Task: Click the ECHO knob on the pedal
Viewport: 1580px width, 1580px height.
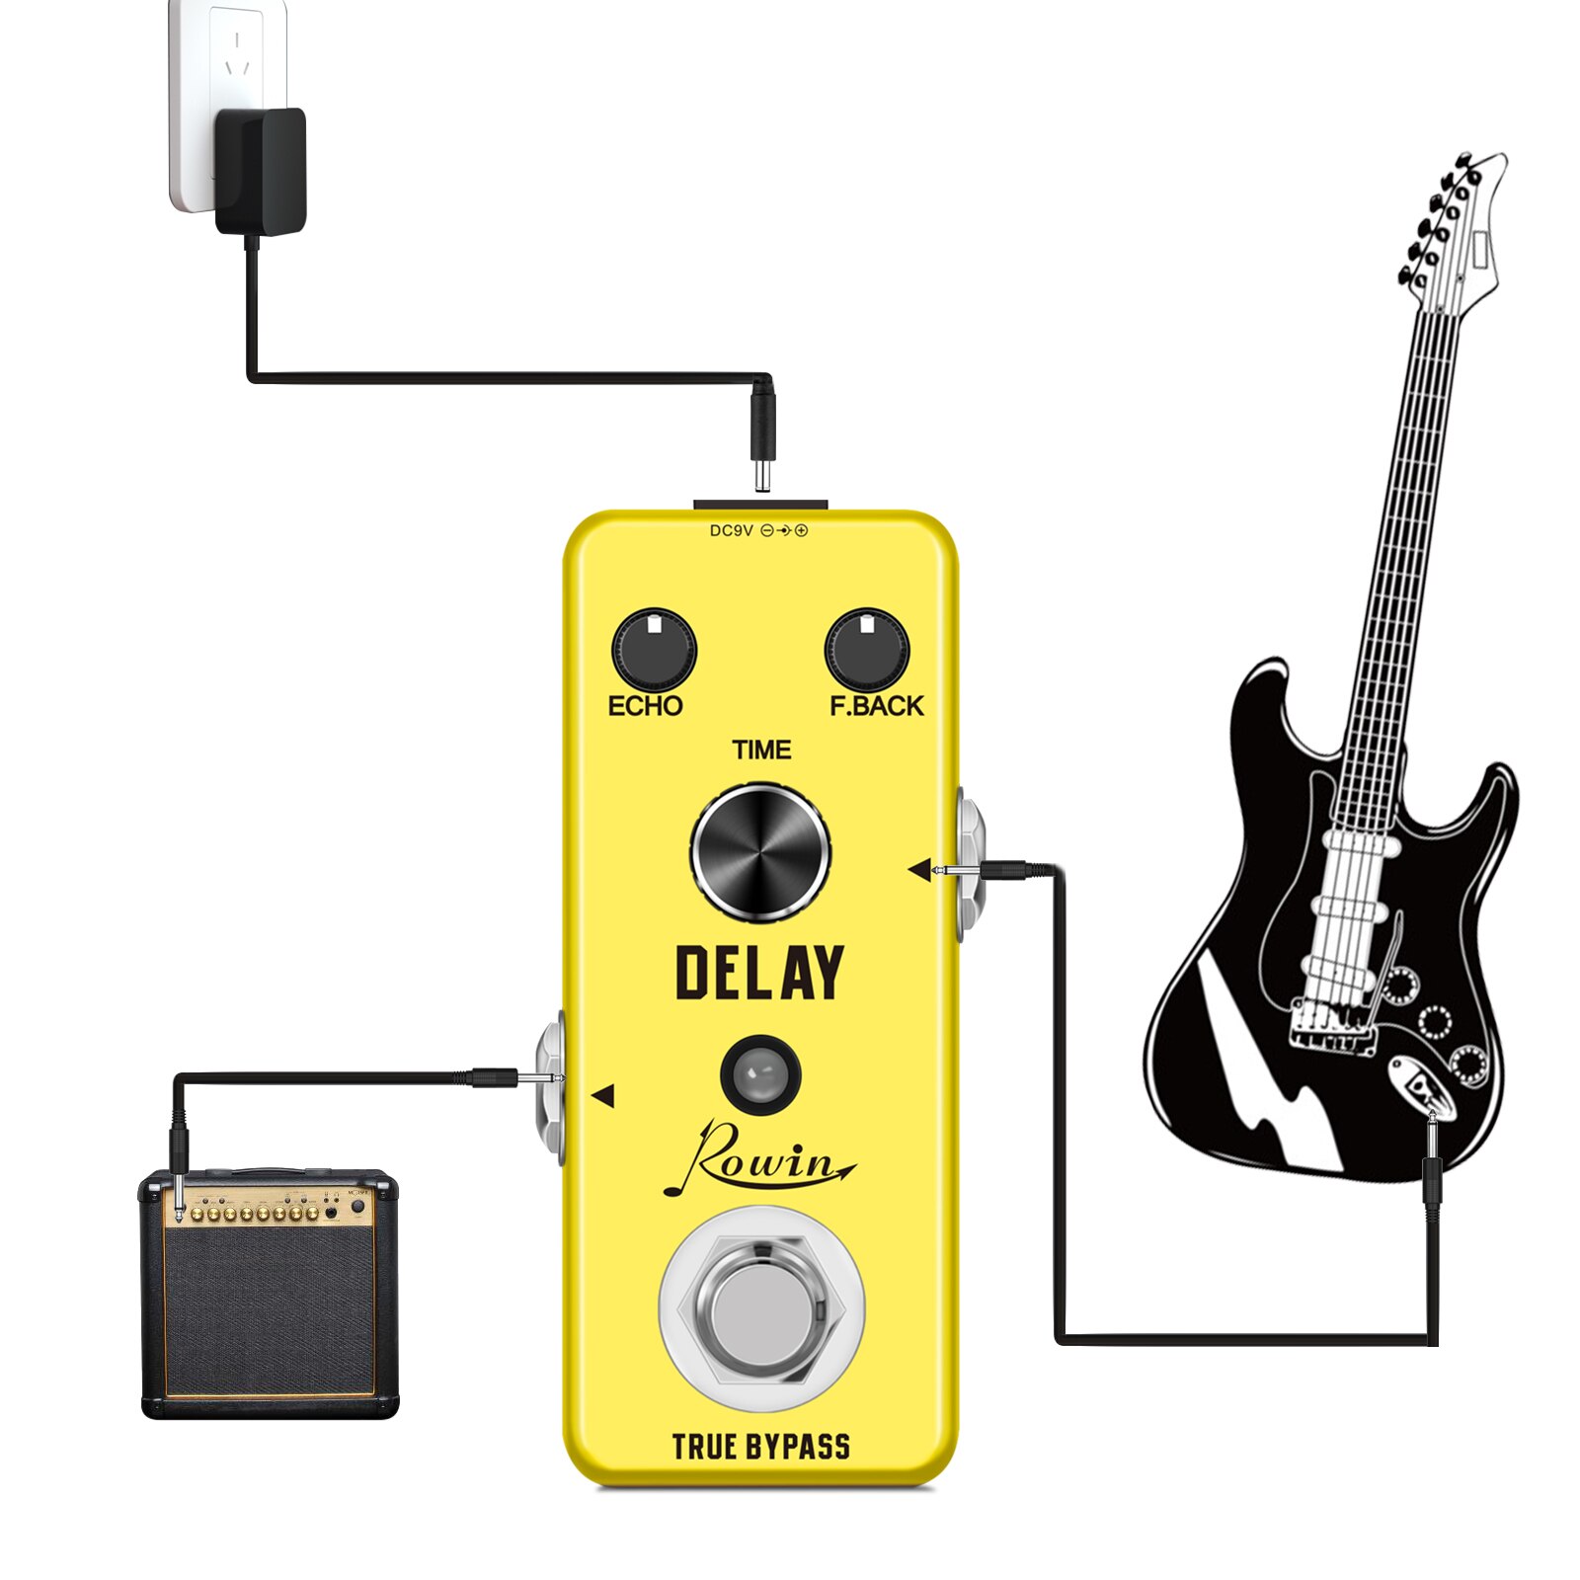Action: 654,649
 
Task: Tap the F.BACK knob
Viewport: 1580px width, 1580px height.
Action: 866,649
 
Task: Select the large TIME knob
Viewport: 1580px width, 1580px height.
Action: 760,852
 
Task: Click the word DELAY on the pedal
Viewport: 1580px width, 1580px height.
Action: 759,973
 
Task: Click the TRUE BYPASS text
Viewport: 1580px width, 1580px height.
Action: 760,1448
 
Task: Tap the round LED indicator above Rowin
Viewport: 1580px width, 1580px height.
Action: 760,1073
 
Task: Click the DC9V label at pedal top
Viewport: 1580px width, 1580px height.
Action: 732,531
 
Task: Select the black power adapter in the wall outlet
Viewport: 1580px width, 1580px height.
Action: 262,170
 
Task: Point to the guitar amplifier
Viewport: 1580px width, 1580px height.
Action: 270,1294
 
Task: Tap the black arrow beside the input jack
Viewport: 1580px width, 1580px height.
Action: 919,870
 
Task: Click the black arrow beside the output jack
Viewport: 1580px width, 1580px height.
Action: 602,1095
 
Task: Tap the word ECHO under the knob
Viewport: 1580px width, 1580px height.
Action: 645,706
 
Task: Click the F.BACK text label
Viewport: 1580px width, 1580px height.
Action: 876,706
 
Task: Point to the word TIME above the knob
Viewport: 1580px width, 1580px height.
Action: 761,750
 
